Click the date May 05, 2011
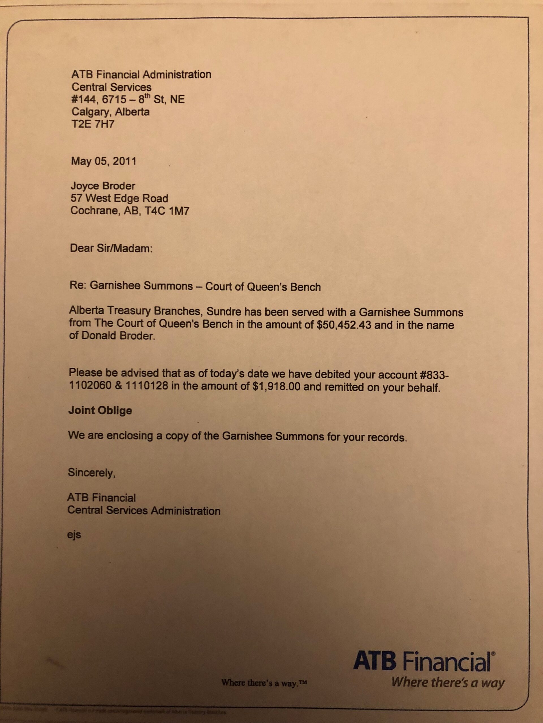[104, 161]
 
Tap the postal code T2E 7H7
[93, 125]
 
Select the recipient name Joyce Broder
[103, 186]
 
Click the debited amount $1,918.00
[277, 387]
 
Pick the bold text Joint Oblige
[100, 411]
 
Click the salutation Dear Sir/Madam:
[111, 249]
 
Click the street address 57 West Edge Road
[119, 198]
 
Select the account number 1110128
[146, 386]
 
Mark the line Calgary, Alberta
[111, 112]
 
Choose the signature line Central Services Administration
[144, 511]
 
